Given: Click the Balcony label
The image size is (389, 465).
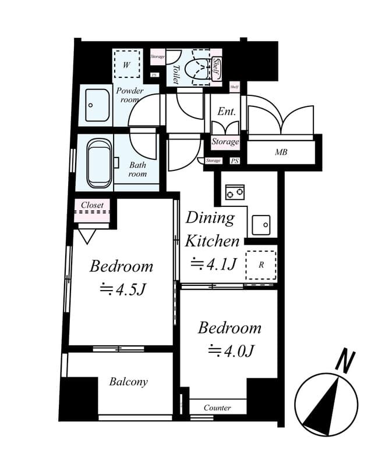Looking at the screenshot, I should pyautogui.click(x=128, y=382).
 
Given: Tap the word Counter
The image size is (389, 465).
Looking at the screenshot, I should pyautogui.click(x=217, y=407).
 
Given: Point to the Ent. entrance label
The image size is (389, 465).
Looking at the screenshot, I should pyautogui.click(x=226, y=112).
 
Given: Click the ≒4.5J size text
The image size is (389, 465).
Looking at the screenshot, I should pyautogui.click(x=121, y=289).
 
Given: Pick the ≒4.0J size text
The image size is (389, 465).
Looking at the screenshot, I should pyautogui.click(x=229, y=350).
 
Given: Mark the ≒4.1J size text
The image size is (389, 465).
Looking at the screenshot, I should pyautogui.click(x=213, y=263).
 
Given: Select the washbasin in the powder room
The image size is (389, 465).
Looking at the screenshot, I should pyautogui.click(x=97, y=105).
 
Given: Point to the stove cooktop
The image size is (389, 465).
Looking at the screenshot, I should pyautogui.click(x=235, y=191).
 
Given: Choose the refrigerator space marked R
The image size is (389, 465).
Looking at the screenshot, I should pyautogui.click(x=260, y=264).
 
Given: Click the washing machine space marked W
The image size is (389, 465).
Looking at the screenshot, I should pyautogui.click(x=126, y=64).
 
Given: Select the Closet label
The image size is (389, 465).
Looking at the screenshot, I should pyautogui.click(x=92, y=205).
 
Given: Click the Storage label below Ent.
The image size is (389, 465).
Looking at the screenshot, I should pyautogui.click(x=225, y=141).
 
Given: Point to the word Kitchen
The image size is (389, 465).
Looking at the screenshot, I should pyautogui.click(x=212, y=241).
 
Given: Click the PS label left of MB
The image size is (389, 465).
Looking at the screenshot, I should pyautogui.click(x=235, y=161).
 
